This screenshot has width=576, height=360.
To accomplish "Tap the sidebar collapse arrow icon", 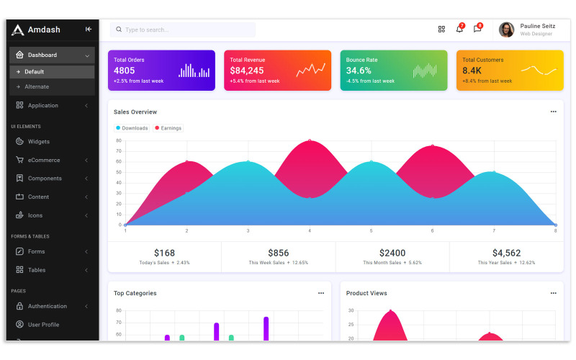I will coord(89,30).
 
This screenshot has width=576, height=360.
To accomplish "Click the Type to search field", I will coord(183,30).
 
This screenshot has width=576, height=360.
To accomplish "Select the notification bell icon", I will coord(459,29).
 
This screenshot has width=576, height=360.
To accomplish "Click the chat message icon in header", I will coord(477,29).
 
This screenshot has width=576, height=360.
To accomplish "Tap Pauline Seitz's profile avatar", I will coord(506,30).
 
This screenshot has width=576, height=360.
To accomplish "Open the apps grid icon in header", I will coord(441,30).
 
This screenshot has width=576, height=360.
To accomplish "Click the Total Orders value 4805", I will coord(125,71).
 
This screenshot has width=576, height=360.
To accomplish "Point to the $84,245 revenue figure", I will coord(247,71).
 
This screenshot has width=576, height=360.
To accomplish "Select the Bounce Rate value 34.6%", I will coord(359,71).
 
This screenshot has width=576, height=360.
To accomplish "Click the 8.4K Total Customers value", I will coord(472,71).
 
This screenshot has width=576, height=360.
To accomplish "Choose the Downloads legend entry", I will coord(132,128).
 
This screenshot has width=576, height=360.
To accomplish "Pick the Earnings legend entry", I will coord(168,128).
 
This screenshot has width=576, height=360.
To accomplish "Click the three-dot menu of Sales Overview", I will coord(553,112).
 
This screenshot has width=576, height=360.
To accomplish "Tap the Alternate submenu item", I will coord(37,86).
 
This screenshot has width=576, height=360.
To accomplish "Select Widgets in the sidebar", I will coord(39,142).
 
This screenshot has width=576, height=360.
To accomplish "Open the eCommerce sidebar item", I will coord(44,160).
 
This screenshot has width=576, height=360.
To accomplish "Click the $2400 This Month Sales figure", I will coord(392,253).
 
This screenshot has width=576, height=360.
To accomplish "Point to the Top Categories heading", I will coord(135,293).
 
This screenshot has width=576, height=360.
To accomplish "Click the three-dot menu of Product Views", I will coord(553,293).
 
